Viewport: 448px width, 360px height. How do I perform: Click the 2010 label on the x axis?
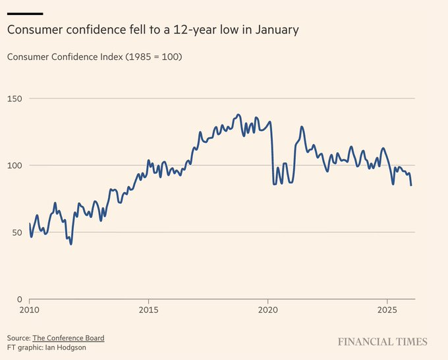coord(29,309)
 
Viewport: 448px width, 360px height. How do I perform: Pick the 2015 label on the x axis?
coord(148,309)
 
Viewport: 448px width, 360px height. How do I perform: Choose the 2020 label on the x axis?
coord(267,309)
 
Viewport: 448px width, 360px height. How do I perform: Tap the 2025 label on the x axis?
coord(387,309)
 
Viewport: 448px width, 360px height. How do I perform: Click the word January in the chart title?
coord(275,30)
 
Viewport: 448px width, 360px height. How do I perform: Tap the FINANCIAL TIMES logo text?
coord(383,342)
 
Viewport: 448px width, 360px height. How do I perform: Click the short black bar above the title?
coord(24,13)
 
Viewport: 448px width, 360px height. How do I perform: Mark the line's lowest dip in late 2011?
coord(70,244)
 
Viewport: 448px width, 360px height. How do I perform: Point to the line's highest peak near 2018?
coord(238,115)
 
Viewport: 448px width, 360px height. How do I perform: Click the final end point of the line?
coord(411,185)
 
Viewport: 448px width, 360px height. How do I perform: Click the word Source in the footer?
coord(18,338)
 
